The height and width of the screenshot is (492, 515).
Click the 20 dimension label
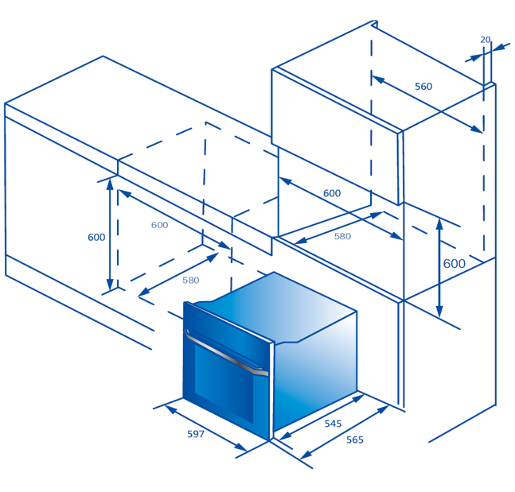coord(485,40)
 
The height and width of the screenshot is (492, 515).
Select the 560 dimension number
coord(423,87)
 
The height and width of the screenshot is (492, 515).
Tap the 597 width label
coord(196,434)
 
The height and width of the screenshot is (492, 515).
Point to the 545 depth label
coord(333,424)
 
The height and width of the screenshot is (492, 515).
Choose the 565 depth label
coord(355,440)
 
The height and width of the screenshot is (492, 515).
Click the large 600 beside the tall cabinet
coord(455,263)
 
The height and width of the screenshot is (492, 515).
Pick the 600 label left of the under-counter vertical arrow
coord(96,237)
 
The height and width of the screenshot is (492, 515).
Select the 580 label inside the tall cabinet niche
coord(342,236)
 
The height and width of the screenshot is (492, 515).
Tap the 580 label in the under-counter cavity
coord(191,280)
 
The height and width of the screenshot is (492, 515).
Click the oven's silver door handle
coord(227,355)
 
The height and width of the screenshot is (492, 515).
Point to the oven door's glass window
coord(224,383)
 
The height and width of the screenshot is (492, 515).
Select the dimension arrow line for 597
coord(206,428)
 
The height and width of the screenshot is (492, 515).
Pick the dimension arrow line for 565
coord(345,432)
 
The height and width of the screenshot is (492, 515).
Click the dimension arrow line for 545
coord(322,417)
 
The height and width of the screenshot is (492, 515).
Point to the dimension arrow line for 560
coord(427,105)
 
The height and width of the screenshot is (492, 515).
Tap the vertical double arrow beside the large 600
coord(439,268)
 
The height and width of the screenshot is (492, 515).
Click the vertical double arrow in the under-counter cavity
coord(110,234)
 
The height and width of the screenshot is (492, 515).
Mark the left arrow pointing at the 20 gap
coord(474,58)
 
